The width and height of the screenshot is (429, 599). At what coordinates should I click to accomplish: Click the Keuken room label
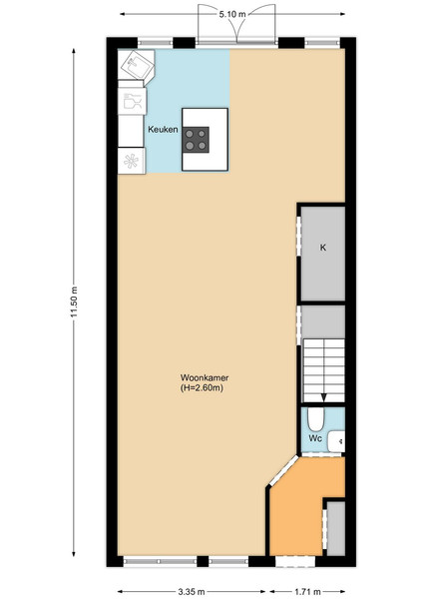pyautogui.click(x=163, y=130)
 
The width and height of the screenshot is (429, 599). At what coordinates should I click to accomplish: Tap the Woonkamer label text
pyautogui.click(x=205, y=377)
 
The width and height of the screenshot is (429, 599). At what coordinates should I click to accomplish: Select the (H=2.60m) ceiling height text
pyautogui.click(x=202, y=388)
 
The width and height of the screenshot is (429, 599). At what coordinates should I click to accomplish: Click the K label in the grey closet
pyautogui.click(x=323, y=248)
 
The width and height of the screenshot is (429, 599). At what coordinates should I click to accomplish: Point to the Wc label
pyautogui.click(x=315, y=438)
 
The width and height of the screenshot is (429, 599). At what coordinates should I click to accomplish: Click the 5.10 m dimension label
pyautogui.click(x=232, y=14)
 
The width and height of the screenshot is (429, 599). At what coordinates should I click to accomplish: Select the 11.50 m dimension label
pyautogui.click(x=74, y=301)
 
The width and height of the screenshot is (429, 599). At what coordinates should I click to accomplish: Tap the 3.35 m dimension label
pyautogui.click(x=192, y=592)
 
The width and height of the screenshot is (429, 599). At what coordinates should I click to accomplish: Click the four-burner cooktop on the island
pyautogui.click(x=197, y=140)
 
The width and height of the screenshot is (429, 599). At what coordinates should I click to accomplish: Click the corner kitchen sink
pyautogui.click(x=136, y=65)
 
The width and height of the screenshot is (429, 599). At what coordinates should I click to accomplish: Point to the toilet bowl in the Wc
pyautogui.click(x=316, y=419)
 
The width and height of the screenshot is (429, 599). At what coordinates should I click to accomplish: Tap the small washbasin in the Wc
pyautogui.click(x=336, y=441)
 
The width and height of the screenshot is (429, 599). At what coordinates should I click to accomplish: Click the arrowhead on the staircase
pyautogui.click(x=323, y=397)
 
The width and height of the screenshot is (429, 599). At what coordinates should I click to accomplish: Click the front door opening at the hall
pyautogui.click(x=295, y=561)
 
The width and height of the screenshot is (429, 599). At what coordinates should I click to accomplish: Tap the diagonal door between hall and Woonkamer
pyautogui.click(x=282, y=470)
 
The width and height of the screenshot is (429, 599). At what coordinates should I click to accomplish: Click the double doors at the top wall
pyautogui.click(x=236, y=24)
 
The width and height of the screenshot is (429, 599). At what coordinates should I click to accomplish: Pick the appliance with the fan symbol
pyautogui.click(x=132, y=161)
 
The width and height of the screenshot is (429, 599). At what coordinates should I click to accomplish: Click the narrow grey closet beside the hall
pyautogui.click(x=336, y=529)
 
